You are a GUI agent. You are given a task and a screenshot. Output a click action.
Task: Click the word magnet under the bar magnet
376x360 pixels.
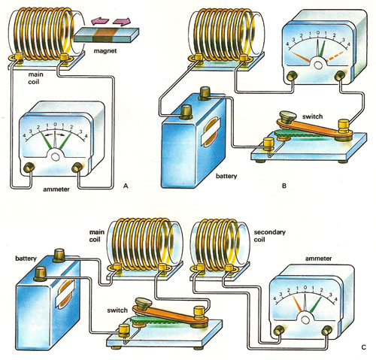click(x=105, y=51)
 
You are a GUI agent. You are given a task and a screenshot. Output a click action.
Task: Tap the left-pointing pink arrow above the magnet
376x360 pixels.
click(x=100, y=21)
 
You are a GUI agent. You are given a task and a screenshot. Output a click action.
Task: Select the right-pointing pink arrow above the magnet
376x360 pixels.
click(x=122, y=22)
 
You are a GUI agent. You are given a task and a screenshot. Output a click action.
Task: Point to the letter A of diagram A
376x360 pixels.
click(x=126, y=186)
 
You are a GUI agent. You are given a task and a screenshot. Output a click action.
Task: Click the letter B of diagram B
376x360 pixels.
click(x=284, y=186)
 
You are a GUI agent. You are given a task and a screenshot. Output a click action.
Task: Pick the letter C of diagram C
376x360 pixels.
click(x=364, y=347)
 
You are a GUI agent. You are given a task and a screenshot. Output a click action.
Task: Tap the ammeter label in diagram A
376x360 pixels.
click(x=56, y=189)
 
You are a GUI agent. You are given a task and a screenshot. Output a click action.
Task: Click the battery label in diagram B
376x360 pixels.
click(x=226, y=176)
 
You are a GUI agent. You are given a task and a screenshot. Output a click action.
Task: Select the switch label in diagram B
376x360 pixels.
click(x=312, y=116)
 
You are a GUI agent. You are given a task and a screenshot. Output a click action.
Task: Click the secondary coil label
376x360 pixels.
click(x=270, y=236)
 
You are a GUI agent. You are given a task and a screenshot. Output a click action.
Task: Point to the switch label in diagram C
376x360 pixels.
click(x=117, y=310)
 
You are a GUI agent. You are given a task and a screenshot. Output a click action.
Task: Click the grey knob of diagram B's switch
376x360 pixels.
click(x=287, y=116)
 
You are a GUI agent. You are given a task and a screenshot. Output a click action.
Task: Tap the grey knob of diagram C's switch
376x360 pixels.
click(x=144, y=303)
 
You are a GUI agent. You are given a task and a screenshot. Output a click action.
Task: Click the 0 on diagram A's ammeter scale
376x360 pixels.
click(x=55, y=124)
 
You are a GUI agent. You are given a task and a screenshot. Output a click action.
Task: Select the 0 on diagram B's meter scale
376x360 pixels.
click(x=318, y=32)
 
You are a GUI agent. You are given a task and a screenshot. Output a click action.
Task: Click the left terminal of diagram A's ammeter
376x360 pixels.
click(x=29, y=168)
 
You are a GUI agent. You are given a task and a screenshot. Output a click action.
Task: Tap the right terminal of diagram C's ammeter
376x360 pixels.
click(x=326, y=331)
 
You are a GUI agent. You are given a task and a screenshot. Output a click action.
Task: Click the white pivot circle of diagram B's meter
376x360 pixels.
click(x=318, y=65)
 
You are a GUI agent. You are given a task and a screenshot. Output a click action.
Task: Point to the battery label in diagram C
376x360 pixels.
click(x=26, y=259)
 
